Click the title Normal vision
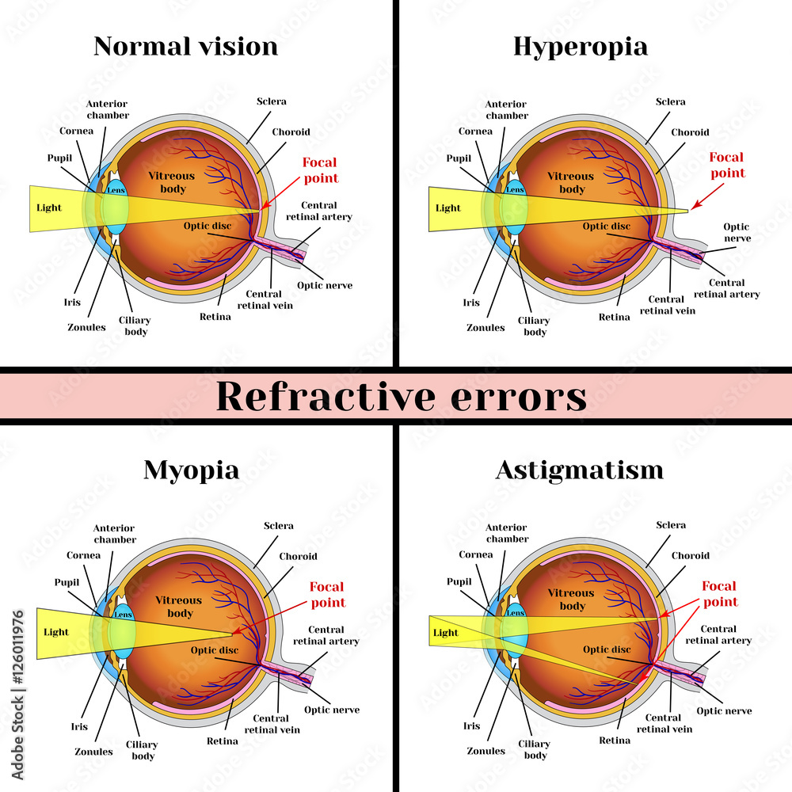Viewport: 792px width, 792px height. (185, 46)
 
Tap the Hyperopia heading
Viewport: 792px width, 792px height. (580, 46)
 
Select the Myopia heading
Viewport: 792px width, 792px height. (191, 470)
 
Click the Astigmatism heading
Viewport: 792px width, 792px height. (579, 470)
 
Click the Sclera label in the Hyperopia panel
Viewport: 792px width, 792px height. (671, 101)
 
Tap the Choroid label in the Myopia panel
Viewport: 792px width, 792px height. (298, 556)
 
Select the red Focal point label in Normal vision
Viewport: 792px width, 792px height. (320, 170)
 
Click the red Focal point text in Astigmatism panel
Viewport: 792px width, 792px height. (719, 594)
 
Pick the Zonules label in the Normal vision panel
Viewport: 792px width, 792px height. (87, 327)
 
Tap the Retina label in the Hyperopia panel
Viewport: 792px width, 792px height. (614, 317)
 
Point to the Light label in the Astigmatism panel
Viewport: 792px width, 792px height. (446, 633)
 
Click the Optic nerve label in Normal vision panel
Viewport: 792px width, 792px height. (325, 285)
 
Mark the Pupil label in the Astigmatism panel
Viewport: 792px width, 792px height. (459, 581)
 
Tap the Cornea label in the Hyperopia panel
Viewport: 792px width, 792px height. (475, 131)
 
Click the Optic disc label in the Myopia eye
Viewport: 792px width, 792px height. (214, 649)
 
